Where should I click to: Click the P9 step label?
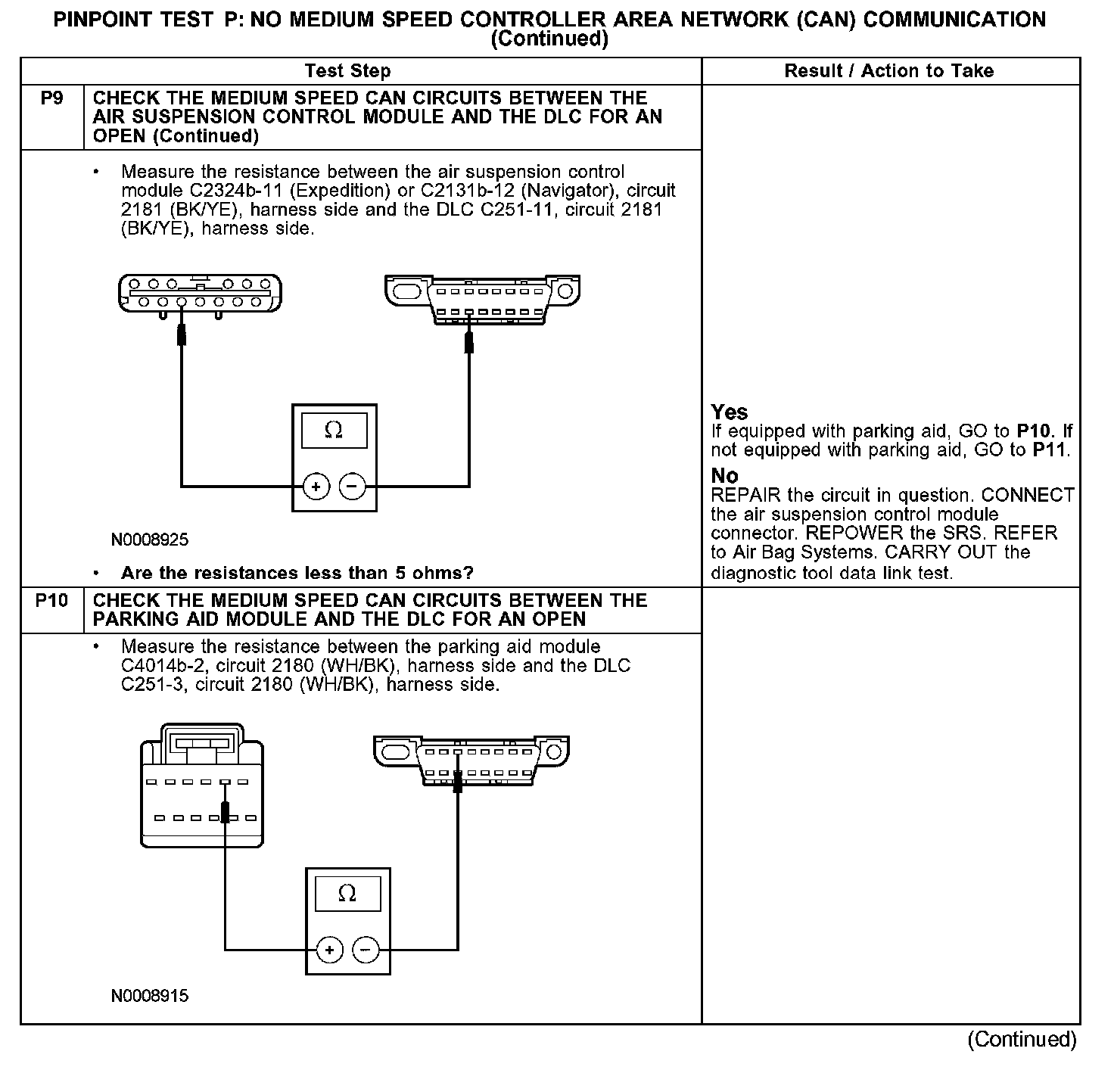point(51,98)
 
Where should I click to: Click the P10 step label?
point(51,601)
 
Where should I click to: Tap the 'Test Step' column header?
point(347,71)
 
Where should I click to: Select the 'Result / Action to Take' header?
point(889,71)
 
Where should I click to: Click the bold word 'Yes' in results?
point(730,412)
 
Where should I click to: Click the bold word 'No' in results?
point(724,476)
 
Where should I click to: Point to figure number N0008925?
point(150,540)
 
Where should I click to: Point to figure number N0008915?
point(150,997)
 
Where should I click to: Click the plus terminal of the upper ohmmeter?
point(316,487)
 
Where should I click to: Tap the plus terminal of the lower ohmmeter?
point(329,950)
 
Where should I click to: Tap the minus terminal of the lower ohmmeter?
point(366,950)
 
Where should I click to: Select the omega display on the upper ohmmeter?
point(334,431)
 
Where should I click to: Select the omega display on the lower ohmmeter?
point(347,894)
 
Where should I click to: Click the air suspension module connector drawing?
point(200,294)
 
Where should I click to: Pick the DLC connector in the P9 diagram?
point(482,298)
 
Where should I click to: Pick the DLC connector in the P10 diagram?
point(471,760)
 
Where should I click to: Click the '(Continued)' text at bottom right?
point(1022,1040)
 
